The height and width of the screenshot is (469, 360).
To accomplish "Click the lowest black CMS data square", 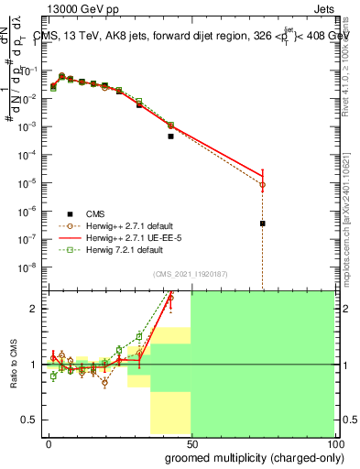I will tap(262, 224).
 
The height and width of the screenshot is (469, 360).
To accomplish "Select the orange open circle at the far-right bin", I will tap(262, 185).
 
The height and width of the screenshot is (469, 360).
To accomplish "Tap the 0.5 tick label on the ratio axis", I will tap(29, 420).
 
